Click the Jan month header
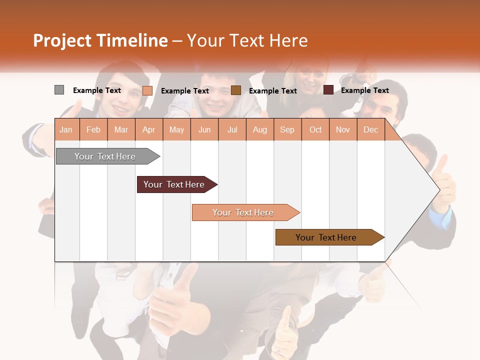(x=66, y=129)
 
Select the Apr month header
(x=148, y=129)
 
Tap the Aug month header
(x=259, y=129)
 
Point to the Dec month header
(x=370, y=129)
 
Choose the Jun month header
(x=204, y=129)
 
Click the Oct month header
(x=315, y=129)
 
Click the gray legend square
(x=59, y=90)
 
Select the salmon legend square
(x=147, y=90)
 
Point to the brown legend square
(x=236, y=90)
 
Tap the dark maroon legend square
(x=328, y=90)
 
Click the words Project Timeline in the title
(x=100, y=40)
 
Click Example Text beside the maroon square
(x=364, y=90)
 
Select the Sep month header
(x=287, y=129)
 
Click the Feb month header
(x=93, y=129)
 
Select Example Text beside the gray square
(x=96, y=90)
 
